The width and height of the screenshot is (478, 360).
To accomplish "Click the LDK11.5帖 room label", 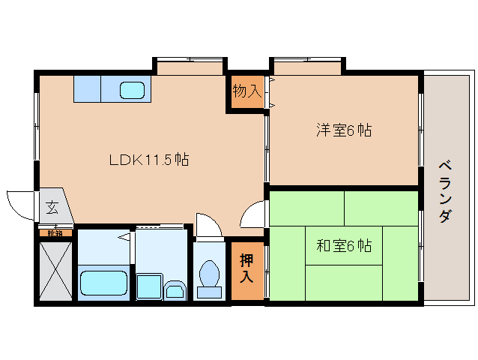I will pos(148,159).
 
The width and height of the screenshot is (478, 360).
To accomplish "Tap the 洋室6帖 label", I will pos(343,130).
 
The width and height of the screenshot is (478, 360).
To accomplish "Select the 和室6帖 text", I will pos(343,245).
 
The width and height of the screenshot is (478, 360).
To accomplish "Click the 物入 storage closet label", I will pos(246,91).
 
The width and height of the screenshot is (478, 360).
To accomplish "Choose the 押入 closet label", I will pos(246,268).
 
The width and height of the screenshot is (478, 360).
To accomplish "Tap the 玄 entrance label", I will pos(52,207).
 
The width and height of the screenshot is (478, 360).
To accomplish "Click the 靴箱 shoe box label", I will pos(55,233).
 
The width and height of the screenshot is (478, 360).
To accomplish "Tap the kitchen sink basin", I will pos(134,90).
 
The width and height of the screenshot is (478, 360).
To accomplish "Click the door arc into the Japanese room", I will pos(252,216).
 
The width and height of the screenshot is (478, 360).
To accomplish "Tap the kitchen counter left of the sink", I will pos(87,88).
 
